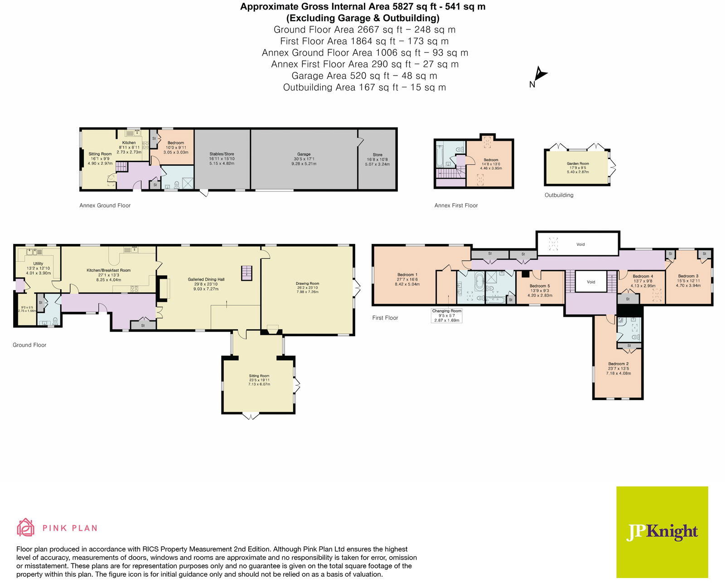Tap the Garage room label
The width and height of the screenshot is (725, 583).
click(304, 154)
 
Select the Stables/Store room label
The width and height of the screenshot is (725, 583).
click(222, 154)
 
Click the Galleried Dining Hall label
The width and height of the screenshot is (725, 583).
click(206, 280)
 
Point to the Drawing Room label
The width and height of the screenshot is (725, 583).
click(308, 284)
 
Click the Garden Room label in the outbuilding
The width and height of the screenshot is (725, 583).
click(578, 164)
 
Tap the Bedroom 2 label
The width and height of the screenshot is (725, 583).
click(618, 364)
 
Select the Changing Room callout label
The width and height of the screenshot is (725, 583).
click(447, 311)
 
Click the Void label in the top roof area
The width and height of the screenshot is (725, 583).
click(580, 244)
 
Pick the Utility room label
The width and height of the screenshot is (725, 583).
click(38, 263)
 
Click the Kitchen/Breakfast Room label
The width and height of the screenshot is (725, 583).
click(108, 270)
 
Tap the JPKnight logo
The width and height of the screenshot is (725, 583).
click(662, 532)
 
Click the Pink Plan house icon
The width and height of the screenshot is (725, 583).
click(26, 528)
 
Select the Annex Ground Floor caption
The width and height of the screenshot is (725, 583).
click(105, 205)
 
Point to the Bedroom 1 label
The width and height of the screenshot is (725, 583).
click(407, 275)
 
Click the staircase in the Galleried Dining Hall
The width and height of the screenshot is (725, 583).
click(246, 273)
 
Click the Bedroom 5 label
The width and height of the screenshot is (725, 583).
click(540, 286)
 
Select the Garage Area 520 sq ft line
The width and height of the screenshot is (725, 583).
click(364, 76)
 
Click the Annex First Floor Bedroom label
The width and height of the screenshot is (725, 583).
click(491, 160)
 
